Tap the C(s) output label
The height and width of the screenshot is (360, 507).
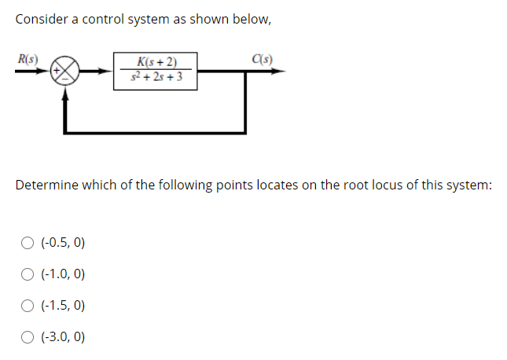[x=263, y=57]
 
